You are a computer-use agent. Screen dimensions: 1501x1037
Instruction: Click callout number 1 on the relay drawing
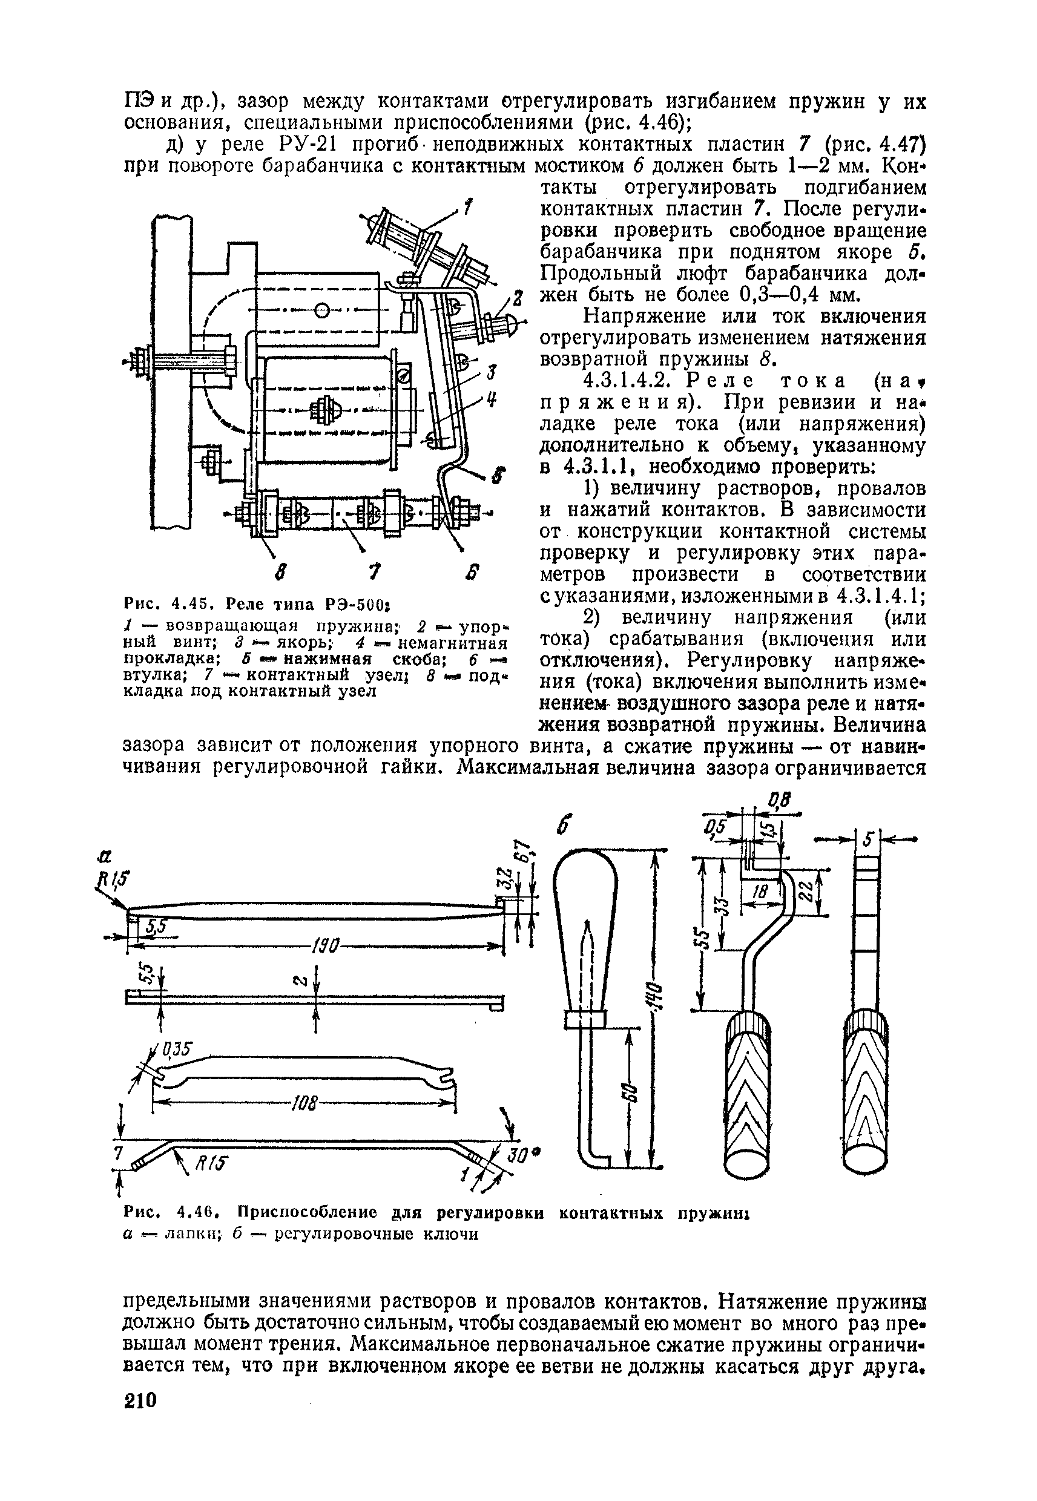468,207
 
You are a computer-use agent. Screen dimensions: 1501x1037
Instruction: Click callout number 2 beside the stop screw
518,300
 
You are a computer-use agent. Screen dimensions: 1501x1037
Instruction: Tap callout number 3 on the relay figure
492,372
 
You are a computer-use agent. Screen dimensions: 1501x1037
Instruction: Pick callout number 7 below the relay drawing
373,573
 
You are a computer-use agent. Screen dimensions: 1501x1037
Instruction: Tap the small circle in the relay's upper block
321,311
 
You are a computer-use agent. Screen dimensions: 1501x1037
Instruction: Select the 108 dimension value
302,1102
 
